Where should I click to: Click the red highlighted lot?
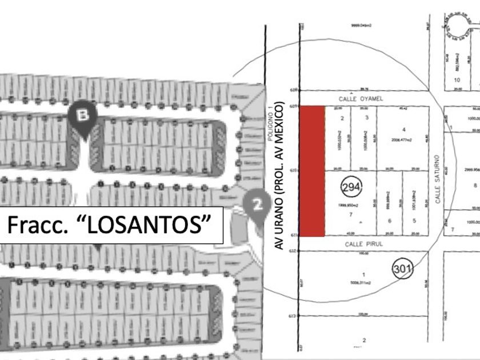[313, 170]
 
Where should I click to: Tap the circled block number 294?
[351, 187]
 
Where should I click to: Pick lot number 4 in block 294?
[404, 129]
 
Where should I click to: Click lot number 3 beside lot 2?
[366, 118]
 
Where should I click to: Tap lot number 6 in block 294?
[390, 221]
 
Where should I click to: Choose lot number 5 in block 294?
[414, 221]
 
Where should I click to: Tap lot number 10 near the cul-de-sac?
[457, 80]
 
